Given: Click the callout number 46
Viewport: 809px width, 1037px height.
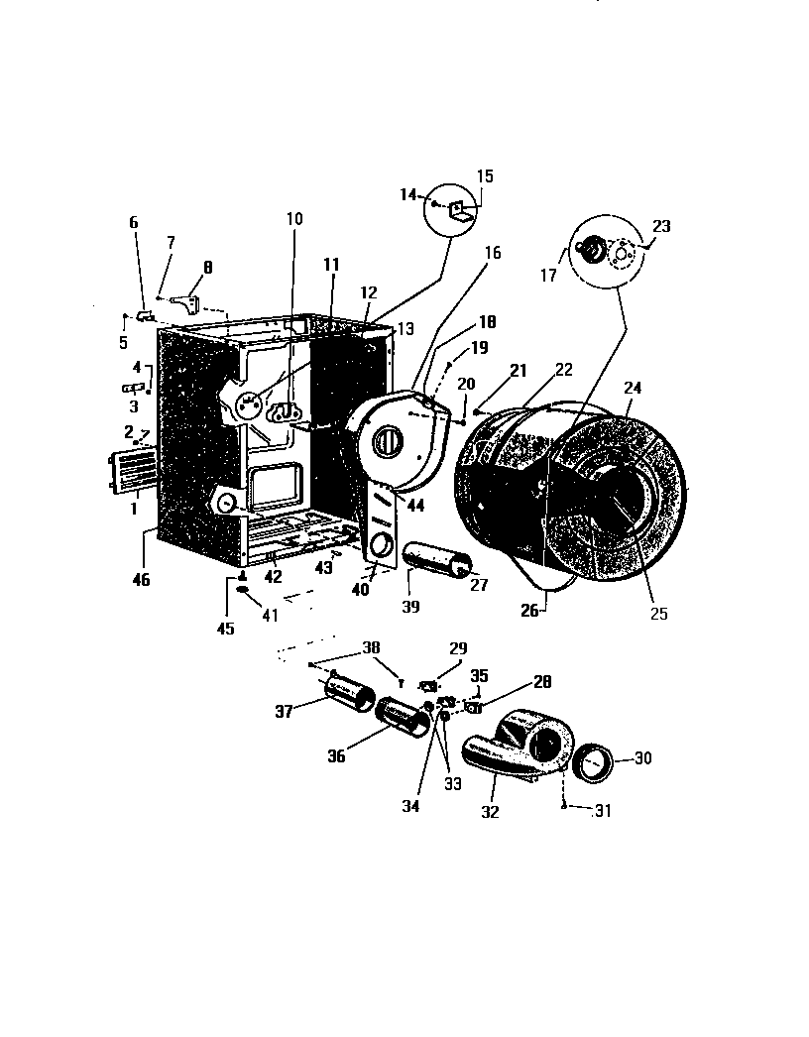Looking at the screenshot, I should click(142, 580).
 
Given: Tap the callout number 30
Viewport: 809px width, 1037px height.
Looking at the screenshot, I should click(643, 758).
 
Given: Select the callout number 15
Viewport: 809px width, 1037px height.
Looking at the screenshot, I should click(485, 175).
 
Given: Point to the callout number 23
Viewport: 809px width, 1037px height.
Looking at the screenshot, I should click(661, 226).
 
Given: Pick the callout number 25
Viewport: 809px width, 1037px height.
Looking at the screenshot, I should click(659, 614).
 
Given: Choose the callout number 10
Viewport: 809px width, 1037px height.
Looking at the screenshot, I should click(294, 218).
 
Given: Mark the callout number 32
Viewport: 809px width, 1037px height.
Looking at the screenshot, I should click(490, 812).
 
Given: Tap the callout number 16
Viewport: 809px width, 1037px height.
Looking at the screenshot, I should click(493, 253).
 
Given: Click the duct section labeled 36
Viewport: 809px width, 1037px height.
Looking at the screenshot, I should click(404, 717).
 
